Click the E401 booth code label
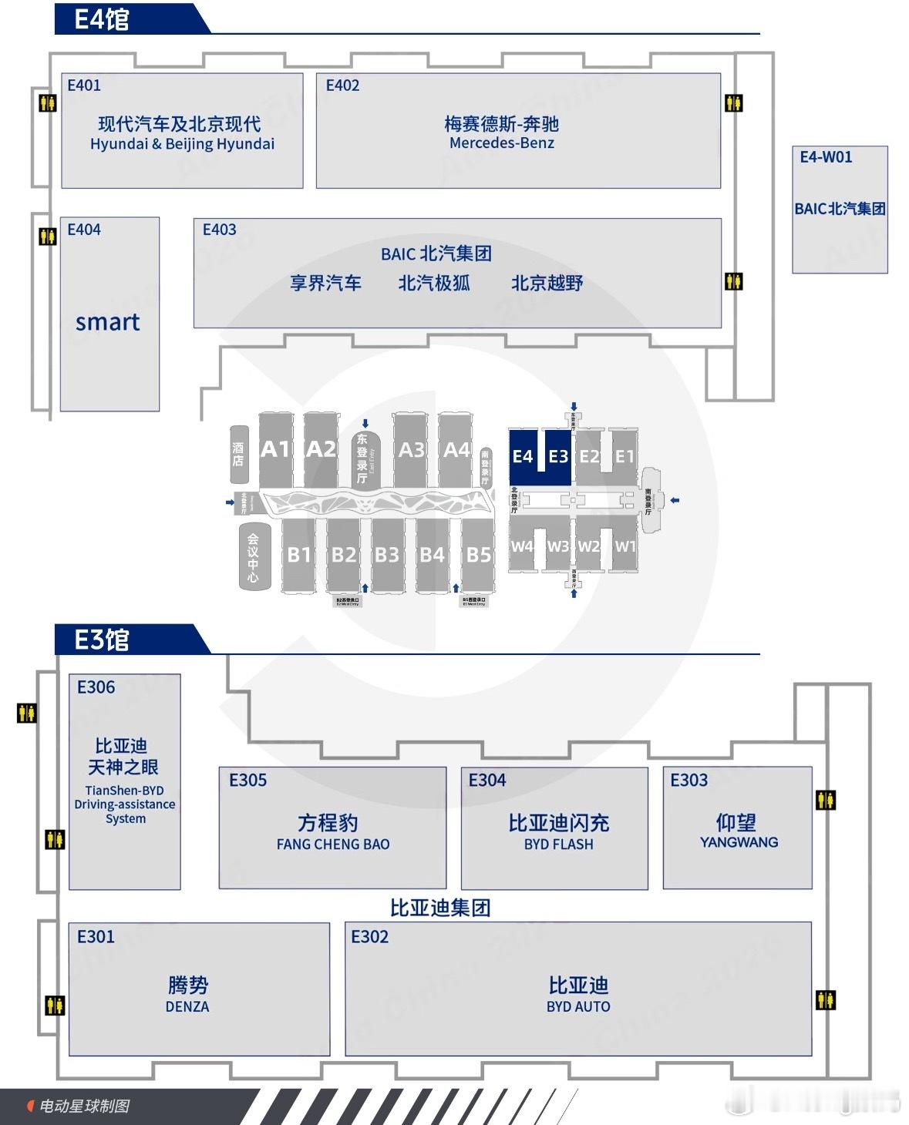[x=84, y=86]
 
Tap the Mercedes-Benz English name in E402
[x=501, y=143]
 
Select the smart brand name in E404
[x=108, y=322]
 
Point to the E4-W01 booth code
[x=826, y=157]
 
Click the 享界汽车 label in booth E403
[x=325, y=284]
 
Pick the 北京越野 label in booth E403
[x=547, y=284]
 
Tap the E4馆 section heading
[x=102, y=19]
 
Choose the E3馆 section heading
[x=102, y=640]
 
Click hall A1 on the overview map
[x=275, y=449]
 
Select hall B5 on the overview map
[x=478, y=554]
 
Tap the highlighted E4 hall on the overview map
[x=523, y=456]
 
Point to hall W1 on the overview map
[x=625, y=546]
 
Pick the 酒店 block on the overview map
[x=238, y=454]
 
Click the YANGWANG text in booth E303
[x=739, y=842]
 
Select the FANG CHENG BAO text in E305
[x=333, y=845]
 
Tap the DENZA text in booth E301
[x=187, y=1007]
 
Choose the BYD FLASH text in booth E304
[x=559, y=845]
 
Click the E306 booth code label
[x=96, y=687]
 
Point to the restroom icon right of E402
[x=733, y=102]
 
